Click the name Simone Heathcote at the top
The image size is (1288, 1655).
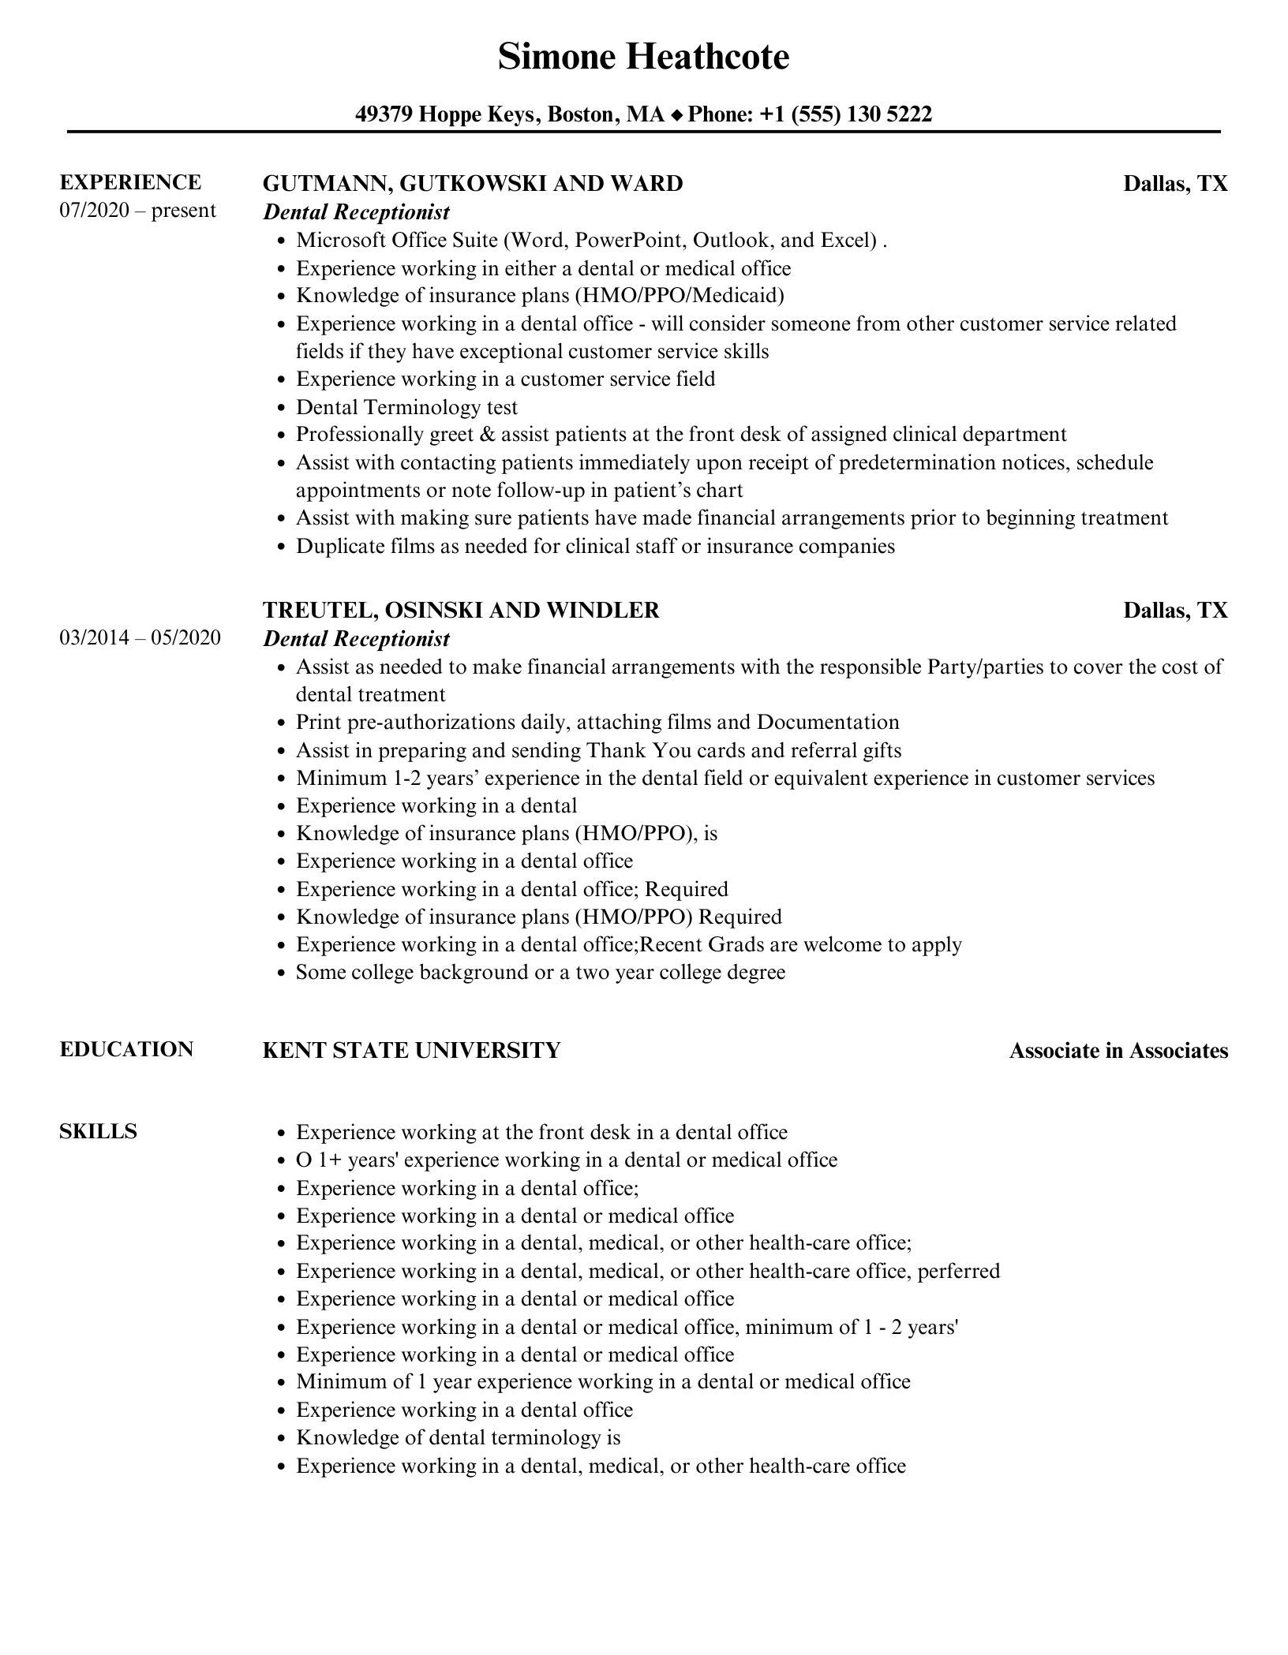click(x=643, y=57)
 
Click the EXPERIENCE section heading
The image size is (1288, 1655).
click(x=130, y=182)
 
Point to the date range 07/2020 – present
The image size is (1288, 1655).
click(x=137, y=211)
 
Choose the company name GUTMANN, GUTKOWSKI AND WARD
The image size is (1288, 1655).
click(x=473, y=184)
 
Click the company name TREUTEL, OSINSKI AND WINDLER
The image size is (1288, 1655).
click(x=461, y=610)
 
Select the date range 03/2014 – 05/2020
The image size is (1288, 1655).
click(x=140, y=637)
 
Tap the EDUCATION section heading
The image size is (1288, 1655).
click(x=126, y=1049)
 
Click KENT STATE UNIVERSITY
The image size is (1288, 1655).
click(x=411, y=1050)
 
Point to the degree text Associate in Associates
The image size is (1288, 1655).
click(x=1118, y=1051)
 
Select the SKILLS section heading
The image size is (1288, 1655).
click(x=98, y=1131)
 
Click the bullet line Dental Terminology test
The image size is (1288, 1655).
click(x=406, y=407)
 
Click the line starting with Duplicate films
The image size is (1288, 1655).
click(x=595, y=546)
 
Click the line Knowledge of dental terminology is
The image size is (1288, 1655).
click(x=459, y=1437)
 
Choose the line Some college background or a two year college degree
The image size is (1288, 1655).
click(x=541, y=972)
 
